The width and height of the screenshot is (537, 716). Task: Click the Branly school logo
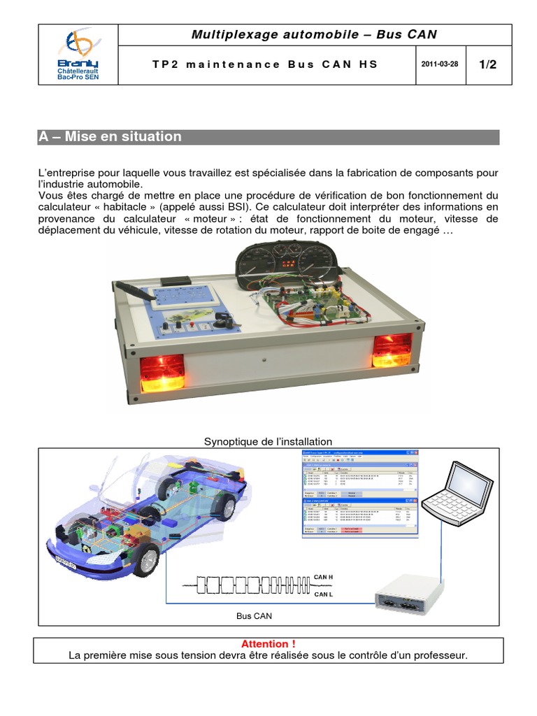(78, 54)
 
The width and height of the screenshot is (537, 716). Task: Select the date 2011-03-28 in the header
(439, 64)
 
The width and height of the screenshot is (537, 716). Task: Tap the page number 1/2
(487, 64)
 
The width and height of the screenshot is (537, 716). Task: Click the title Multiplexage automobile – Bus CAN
(314, 34)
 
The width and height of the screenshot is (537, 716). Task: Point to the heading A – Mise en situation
(110, 137)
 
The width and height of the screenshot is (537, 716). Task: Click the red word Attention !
(268, 643)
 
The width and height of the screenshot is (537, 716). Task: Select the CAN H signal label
(324, 577)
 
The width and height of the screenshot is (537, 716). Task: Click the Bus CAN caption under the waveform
(255, 616)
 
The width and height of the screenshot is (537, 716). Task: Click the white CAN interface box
(408, 593)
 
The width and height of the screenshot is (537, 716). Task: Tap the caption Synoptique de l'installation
(268, 441)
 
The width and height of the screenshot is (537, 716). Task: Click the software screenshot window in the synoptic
(359, 494)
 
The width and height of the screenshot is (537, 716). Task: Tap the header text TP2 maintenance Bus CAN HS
(264, 64)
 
